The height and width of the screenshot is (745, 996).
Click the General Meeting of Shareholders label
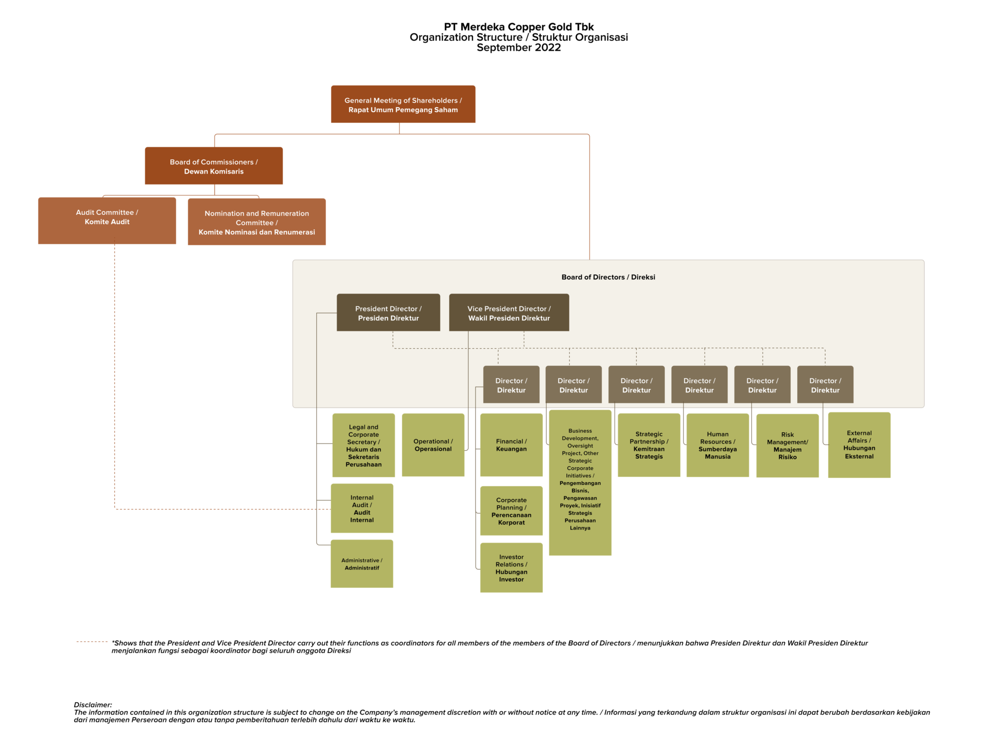[403, 105]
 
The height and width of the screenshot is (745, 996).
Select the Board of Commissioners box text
[214, 167]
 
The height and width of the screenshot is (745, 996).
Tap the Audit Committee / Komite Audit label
[107, 217]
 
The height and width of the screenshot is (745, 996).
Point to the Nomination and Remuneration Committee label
[256, 223]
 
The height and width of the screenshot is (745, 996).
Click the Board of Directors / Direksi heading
[608, 277]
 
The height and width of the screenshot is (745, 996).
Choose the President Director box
[388, 313]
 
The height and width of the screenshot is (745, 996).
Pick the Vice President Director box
[509, 313]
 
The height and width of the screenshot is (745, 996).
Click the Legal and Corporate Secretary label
[364, 446]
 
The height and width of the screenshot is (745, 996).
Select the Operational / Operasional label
[433, 445]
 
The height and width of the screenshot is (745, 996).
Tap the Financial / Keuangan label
[511, 445]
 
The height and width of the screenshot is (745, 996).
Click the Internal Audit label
[362, 508]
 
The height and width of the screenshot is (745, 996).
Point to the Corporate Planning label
[511, 511]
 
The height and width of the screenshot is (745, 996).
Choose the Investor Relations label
[511, 568]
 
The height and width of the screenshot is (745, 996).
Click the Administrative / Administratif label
[362, 564]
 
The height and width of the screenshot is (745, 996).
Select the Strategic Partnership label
[649, 445]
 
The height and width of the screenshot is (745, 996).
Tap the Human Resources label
[717, 445]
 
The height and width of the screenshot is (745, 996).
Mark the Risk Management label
[787, 446]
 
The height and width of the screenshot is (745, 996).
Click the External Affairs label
[859, 445]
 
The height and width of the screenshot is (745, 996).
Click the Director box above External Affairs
[825, 385]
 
